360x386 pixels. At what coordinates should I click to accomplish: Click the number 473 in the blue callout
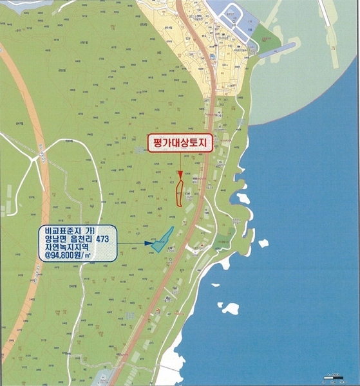pos(105,241)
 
